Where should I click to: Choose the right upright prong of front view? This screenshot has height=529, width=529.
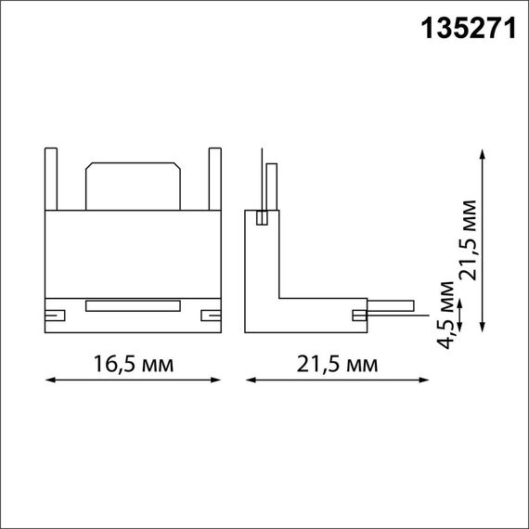click(215, 178)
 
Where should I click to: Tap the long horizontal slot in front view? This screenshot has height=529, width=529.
click(133, 304)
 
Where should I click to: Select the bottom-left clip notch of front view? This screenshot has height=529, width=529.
click(56, 315)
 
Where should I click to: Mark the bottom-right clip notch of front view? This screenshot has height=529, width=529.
click(211, 315)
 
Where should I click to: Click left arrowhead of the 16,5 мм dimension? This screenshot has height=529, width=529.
click(49, 380)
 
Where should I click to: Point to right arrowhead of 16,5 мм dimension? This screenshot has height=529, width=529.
click(218, 380)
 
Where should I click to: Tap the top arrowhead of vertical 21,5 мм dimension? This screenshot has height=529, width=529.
click(484, 153)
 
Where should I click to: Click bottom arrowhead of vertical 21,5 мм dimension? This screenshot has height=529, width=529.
click(484, 325)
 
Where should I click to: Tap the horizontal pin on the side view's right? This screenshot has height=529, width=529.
click(391, 304)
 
